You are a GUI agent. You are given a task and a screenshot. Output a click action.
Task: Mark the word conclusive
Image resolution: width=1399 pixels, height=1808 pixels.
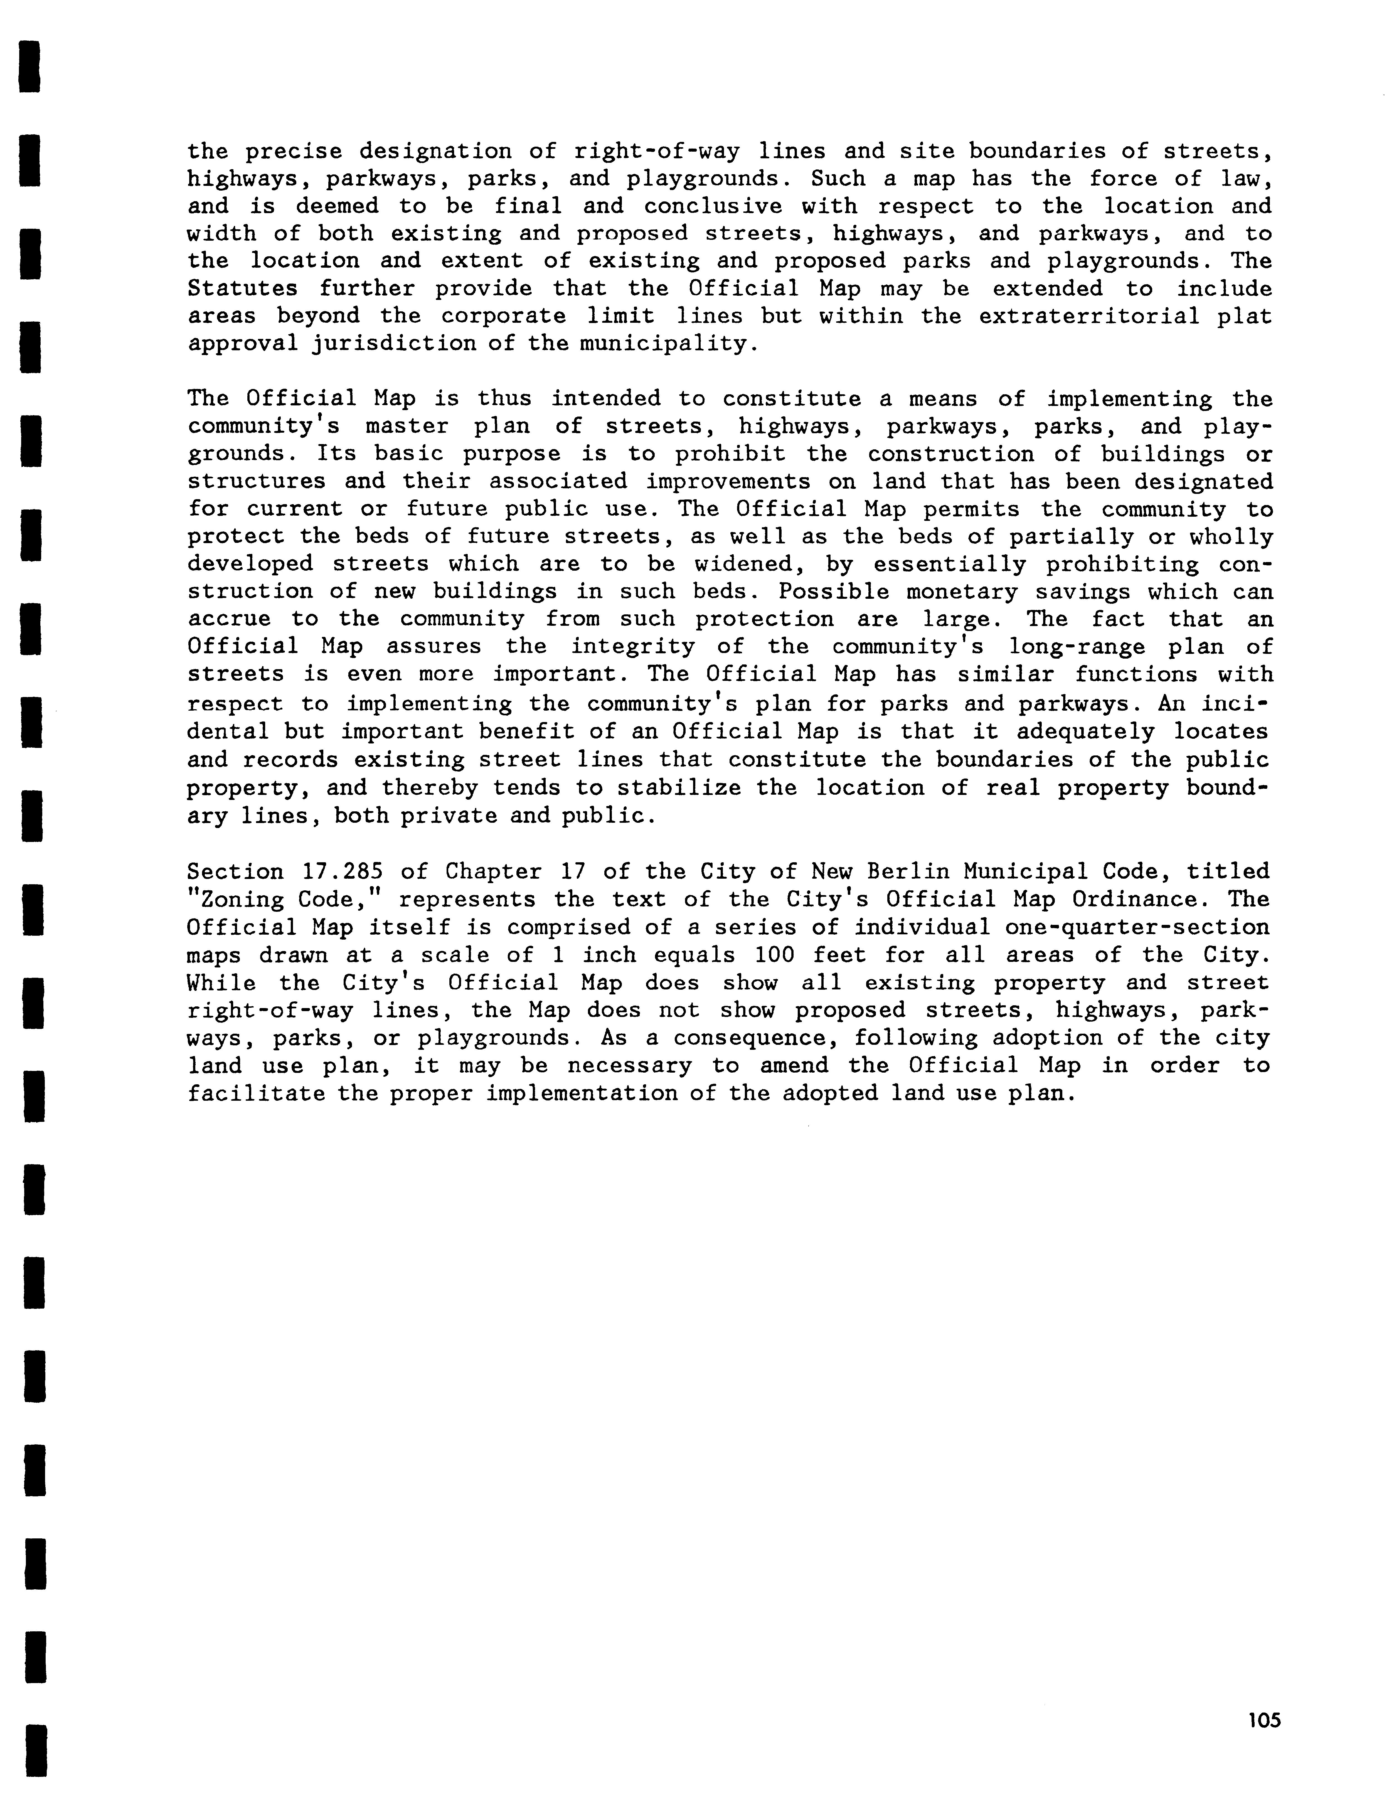click(713, 206)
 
